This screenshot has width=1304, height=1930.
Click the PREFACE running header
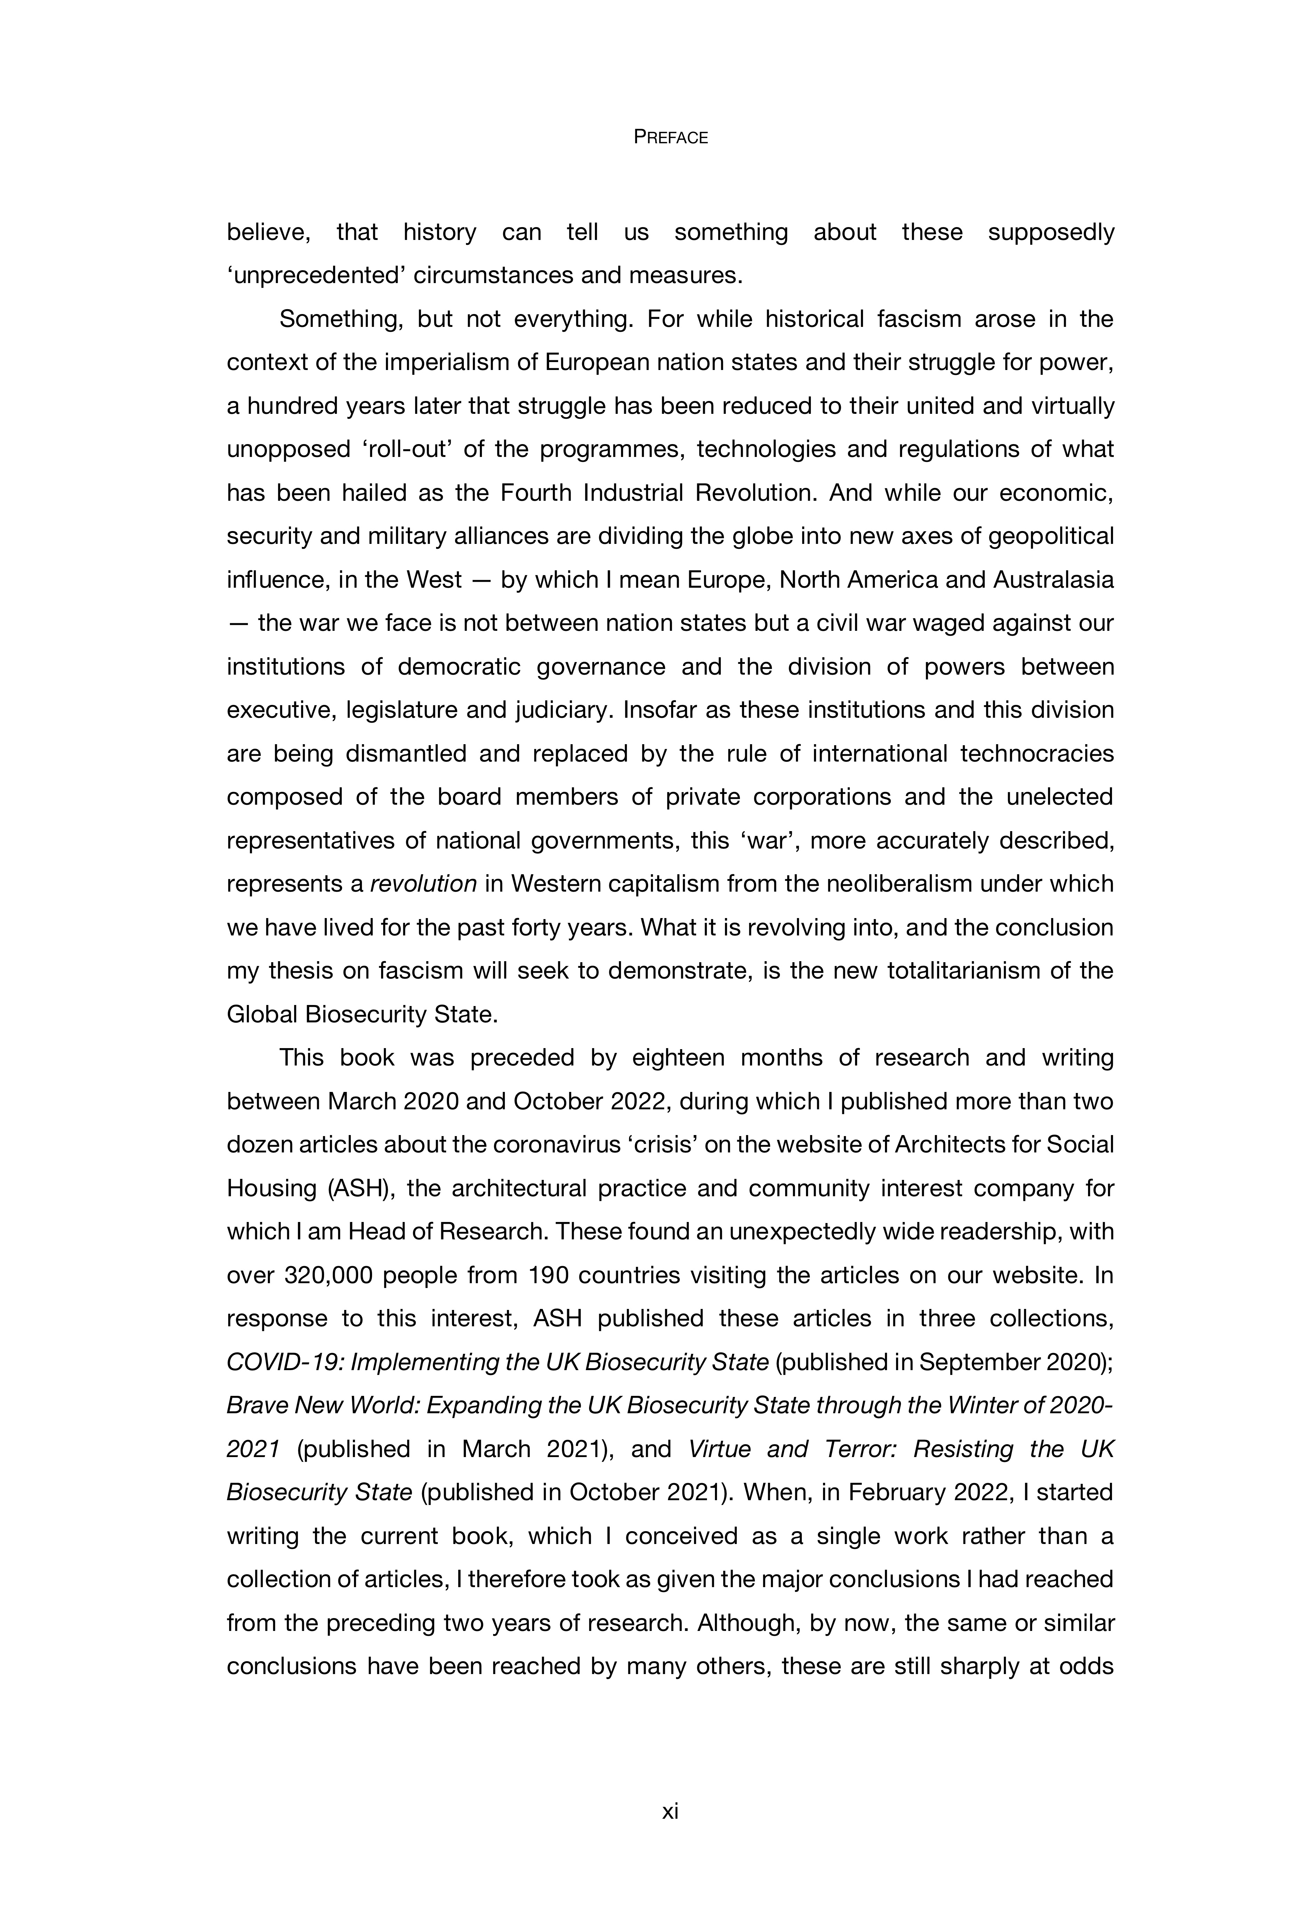[x=670, y=138]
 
